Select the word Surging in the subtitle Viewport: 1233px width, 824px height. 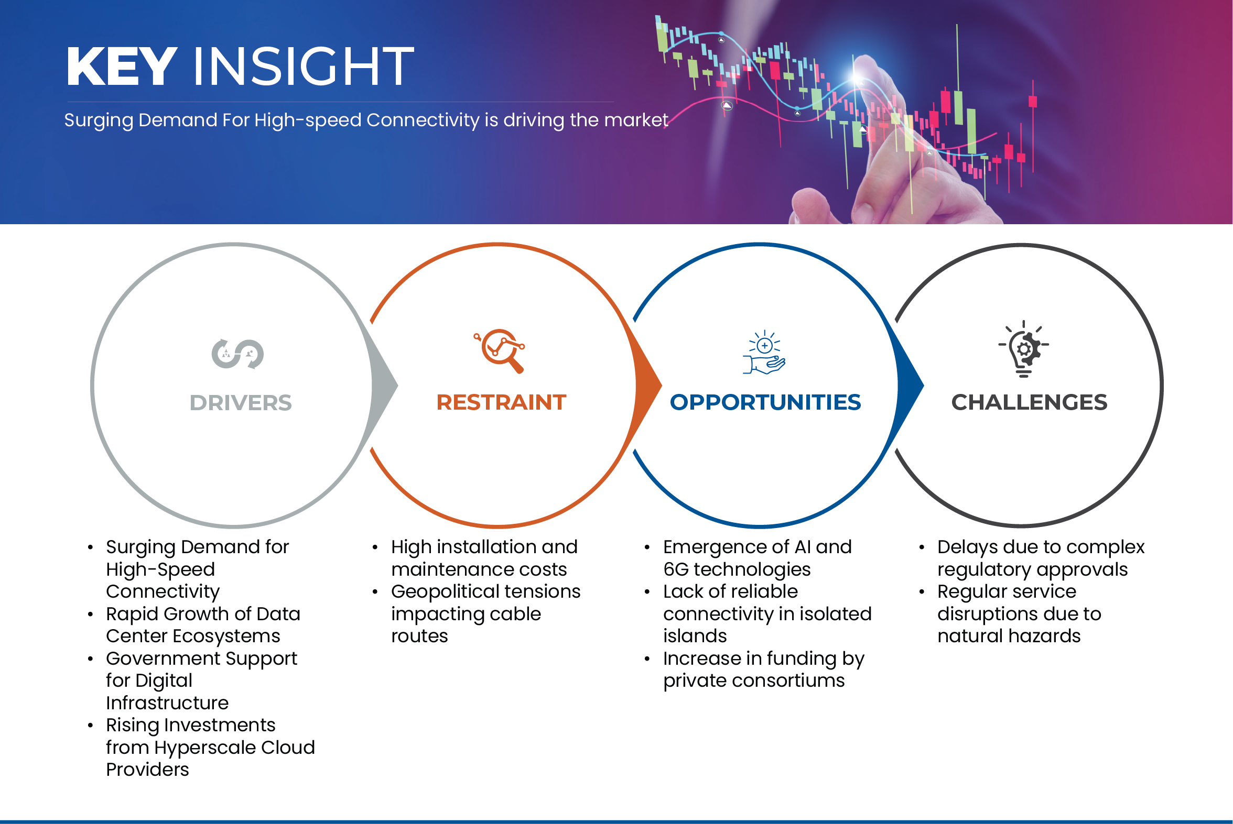coord(99,120)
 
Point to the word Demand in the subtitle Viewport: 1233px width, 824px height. coord(177,120)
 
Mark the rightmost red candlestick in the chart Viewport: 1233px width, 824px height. coord(1033,102)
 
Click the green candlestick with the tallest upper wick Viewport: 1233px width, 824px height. coord(958,108)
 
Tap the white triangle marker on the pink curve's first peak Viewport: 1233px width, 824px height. coord(727,106)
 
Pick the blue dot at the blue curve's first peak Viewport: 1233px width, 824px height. coord(721,34)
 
